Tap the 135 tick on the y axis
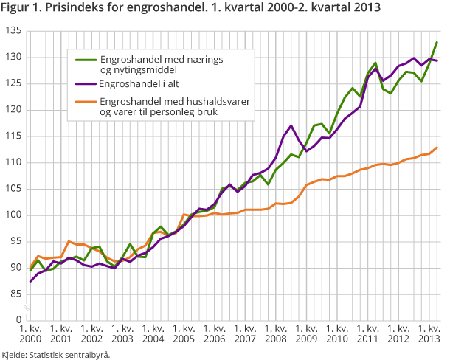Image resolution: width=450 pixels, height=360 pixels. tap(13, 31)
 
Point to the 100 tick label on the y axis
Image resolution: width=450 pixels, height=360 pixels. tap(13, 215)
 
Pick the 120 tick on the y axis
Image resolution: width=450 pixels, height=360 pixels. tap(13, 110)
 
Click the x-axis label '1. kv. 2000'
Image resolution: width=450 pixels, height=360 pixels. tap(30, 333)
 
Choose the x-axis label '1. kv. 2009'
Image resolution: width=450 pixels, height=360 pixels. tap(304, 333)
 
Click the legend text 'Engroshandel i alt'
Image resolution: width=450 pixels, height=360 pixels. tap(143, 85)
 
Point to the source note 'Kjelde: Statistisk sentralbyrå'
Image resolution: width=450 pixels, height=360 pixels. tap(56, 354)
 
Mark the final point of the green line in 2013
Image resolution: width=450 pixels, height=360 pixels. tap(437, 42)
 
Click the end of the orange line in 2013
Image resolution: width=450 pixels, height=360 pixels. tap(437, 148)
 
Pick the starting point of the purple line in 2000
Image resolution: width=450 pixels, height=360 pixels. tap(30, 281)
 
